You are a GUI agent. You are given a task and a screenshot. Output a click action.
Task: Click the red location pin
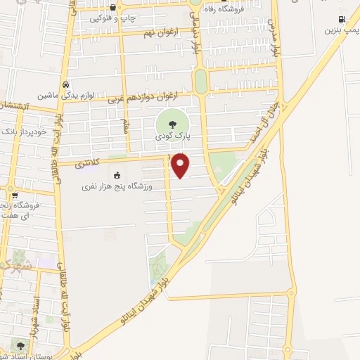click(181, 165)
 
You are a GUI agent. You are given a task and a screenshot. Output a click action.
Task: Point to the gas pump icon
click(341, 20)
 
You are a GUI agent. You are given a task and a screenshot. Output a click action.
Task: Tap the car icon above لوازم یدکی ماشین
click(65, 82)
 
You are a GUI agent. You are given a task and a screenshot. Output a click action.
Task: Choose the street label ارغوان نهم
click(160, 33)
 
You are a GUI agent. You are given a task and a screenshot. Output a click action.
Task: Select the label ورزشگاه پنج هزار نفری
click(117, 186)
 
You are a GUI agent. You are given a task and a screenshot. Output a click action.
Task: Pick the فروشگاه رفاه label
click(226, 9)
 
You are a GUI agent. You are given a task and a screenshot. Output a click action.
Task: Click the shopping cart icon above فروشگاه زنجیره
click(14, 195)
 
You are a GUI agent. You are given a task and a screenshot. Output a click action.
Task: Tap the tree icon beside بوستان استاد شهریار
click(20, 346)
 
